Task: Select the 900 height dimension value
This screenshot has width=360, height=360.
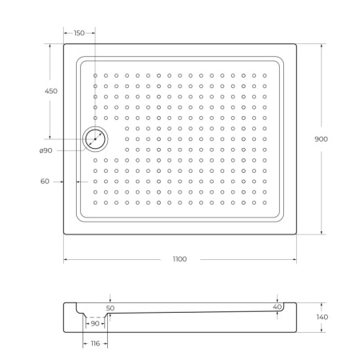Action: coord(321,138)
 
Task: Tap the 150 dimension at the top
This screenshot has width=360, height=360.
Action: coord(79,33)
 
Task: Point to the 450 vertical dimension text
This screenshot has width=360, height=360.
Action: coord(50,92)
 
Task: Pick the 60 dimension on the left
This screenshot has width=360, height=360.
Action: coord(46,182)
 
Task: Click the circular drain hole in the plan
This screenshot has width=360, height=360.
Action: coord(95,139)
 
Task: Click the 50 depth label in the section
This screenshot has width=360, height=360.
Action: coord(110,307)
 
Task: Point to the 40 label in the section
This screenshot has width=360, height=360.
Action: coord(277,307)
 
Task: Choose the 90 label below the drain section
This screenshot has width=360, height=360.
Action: coord(94,324)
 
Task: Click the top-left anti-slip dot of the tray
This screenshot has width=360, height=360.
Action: coord(95,76)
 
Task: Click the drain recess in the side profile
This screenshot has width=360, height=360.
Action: coord(95,317)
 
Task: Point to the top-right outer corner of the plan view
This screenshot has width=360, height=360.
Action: coord(297,43)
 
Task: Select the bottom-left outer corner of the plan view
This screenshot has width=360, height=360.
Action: coord(64,234)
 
